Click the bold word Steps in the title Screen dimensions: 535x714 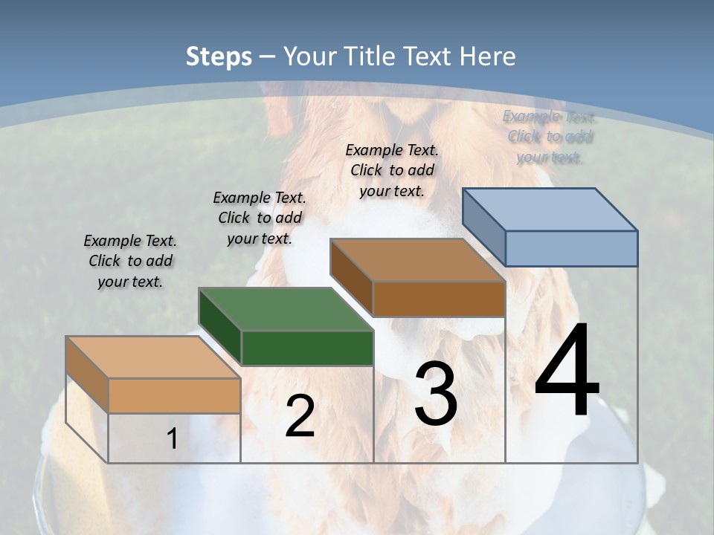[219, 56]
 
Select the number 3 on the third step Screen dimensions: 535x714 [436, 394]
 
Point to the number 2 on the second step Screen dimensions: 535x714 [300, 416]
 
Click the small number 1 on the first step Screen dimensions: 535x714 [172, 438]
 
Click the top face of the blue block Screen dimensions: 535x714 [550, 209]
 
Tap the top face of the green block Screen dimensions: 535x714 [286, 309]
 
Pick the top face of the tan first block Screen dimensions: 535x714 [153, 357]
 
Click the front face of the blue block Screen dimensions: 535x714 [571, 248]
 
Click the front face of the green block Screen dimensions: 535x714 [307, 348]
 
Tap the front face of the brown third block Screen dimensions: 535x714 [439, 299]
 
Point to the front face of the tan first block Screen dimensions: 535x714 [174, 395]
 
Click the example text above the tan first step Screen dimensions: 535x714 [130, 262]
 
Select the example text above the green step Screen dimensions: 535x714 [260, 218]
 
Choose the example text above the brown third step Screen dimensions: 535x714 [392, 170]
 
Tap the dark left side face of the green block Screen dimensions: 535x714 [220, 327]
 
